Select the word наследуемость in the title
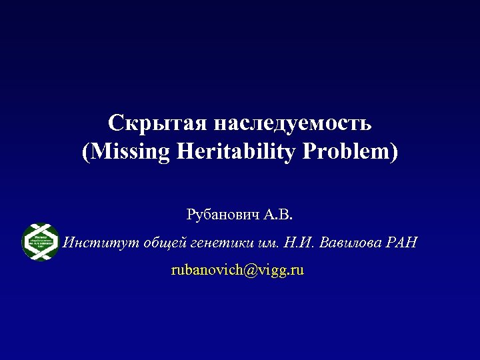(293, 124)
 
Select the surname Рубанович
(223, 215)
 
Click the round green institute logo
(40, 241)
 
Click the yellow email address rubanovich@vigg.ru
(237, 270)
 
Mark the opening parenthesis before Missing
(85, 153)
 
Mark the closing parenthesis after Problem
(393, 153)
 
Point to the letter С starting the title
(115, 124)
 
